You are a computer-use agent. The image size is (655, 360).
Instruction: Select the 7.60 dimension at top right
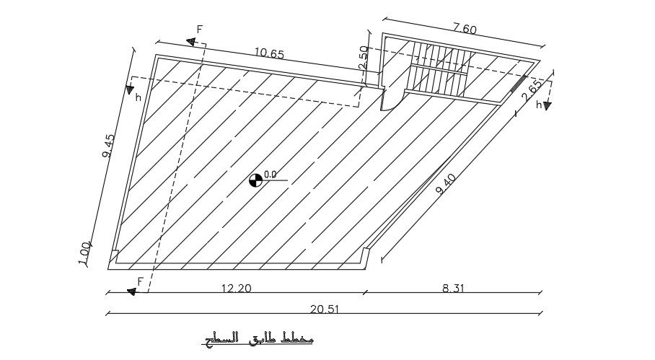click(x=464, y=28)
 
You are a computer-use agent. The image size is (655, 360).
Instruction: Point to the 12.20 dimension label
click(x=236, y=288)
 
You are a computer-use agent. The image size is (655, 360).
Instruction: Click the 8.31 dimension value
click(x=453, y=288)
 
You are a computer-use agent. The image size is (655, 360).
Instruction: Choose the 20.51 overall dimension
click(x=325, y=309)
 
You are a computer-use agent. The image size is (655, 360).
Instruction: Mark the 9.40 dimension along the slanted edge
click(x=446, y=187)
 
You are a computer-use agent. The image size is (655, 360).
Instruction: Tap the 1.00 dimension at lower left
click(x=85, y=253)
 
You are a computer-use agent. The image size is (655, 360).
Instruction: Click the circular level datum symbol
click(x=255, y=180)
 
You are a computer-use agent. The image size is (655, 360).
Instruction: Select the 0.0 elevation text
click(x=271, y=175)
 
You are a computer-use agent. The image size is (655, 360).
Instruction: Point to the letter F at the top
click(x=200, y=30)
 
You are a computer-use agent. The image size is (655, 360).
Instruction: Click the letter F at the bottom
click(x=141, y=281)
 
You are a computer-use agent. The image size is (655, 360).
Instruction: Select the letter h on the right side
click(x=538, y=105)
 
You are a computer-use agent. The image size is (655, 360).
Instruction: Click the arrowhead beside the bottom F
click(x=131, y=291)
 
